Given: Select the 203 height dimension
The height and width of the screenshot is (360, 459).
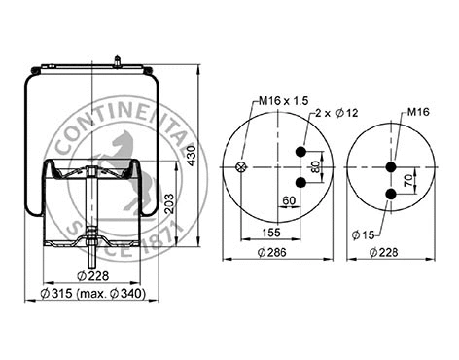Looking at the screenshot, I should click(x=170, y=202).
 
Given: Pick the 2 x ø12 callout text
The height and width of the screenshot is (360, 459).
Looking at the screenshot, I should click(x=332, y=114).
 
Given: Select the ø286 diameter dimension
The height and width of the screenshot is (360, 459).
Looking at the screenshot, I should click(x=277, y=252).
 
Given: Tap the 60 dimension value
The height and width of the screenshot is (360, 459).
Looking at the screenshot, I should click(x=289, y=201).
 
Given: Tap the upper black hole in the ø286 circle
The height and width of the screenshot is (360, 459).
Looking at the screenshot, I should click(x=300, y=152).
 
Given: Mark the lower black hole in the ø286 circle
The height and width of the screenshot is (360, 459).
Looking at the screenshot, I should click(x=300, y=181).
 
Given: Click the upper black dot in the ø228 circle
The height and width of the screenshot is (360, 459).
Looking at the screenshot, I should click(x=391, y=166).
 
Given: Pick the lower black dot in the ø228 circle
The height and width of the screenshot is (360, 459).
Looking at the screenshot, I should click(x=391, y=194).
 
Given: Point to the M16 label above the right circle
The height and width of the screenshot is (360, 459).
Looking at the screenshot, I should click(x=418, y=112).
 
